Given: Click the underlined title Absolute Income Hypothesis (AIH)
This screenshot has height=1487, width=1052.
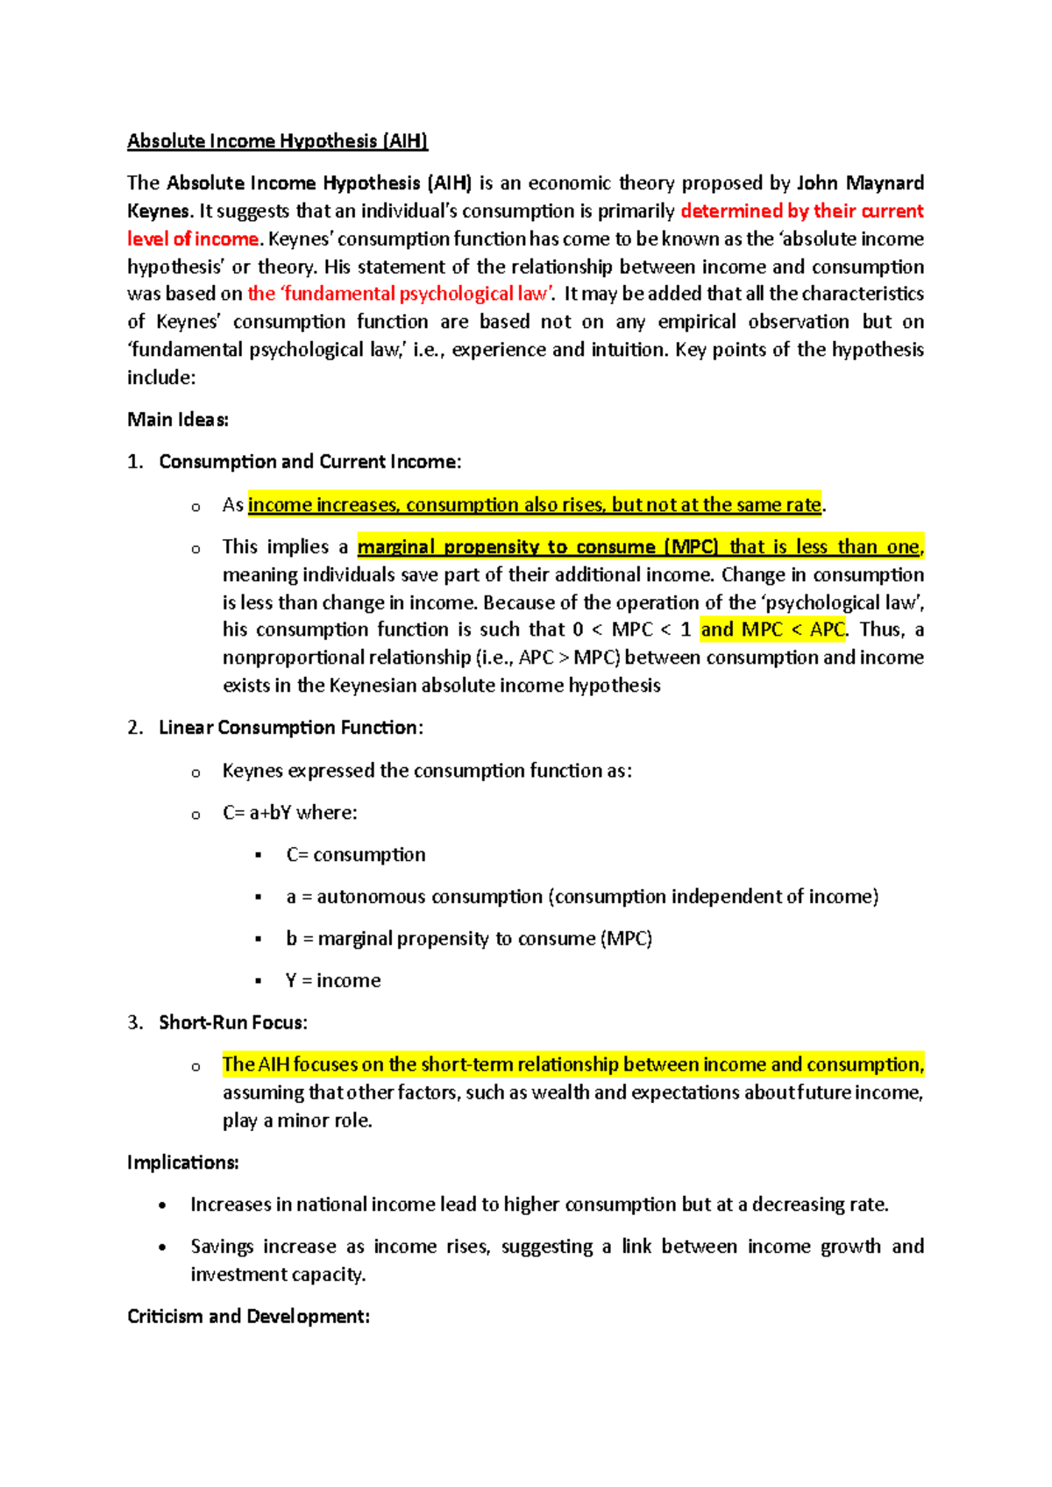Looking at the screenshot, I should click(x=277, y=141).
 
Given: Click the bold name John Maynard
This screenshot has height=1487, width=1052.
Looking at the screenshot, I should click(x=860, y=183).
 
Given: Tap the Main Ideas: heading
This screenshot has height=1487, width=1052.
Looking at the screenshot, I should click(x=178, y=420).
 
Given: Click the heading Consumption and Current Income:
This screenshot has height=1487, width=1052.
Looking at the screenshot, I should click(x=309, y=462).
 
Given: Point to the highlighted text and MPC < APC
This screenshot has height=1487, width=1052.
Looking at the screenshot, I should click(x=772, y=630).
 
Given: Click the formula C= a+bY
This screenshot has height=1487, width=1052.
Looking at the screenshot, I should click(x=257, y=813).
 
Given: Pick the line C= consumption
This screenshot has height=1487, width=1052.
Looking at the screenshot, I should click(x=355, y=855).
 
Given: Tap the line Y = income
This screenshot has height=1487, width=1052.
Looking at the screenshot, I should click(x=333, y=981).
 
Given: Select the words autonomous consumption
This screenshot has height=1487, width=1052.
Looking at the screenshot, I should click(x=430, y=897).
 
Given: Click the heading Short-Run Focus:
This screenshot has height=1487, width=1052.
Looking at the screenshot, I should click(x=232, y=1023).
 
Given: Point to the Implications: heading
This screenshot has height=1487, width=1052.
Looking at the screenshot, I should click(x=182, y=1163).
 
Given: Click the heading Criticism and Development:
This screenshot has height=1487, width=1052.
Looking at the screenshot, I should click(x=248, y=1317).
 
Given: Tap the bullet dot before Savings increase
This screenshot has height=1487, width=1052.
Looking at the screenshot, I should click(x=162, y=1248).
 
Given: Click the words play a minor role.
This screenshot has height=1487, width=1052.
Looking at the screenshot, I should click(x=296, y=1121).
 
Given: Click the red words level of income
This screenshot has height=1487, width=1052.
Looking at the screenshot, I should click(x=193, y=239).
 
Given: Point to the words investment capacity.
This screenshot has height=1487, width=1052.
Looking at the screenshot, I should click(x=277, y=1275).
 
